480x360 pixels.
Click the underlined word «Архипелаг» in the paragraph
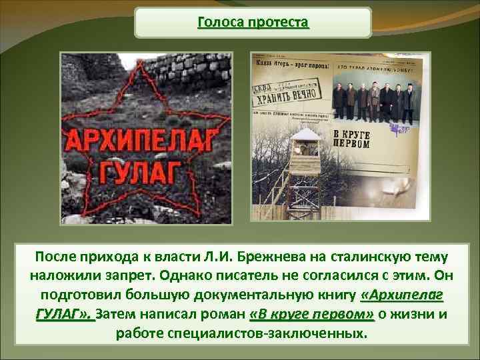403,295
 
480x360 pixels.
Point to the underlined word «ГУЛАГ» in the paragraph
60,314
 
